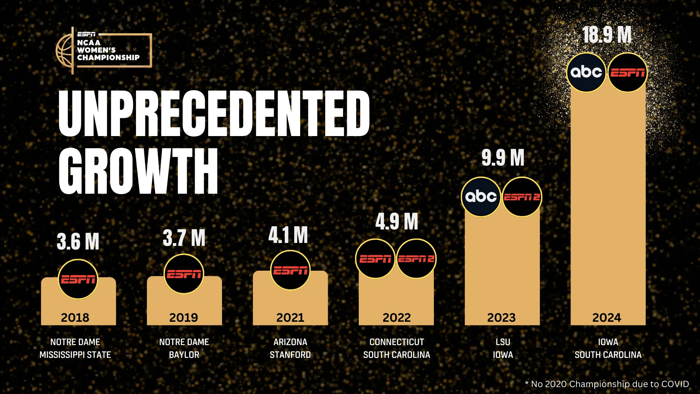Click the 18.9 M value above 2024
click(607, 35)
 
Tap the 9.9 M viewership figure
click(503, 158)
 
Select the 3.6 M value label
click(78, 241)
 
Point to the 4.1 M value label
click(288, 235)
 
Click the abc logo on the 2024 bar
click(586, 72)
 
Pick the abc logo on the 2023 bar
click(481, 197)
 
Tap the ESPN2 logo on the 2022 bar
click(416, 259)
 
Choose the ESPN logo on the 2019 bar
click(184, 274)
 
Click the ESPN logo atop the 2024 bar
click(628, 72)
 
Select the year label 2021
click(290, 317)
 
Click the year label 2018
click(75, 317)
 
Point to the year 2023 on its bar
click(501, 317)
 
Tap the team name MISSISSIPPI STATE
click(75, 355)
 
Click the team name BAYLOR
click(184, 355)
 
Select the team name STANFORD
click(290, 355)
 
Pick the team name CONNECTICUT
click(397, 342)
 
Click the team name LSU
click(503, 342)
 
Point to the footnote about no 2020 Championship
click(607, 384)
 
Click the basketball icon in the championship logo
click(64, 50)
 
